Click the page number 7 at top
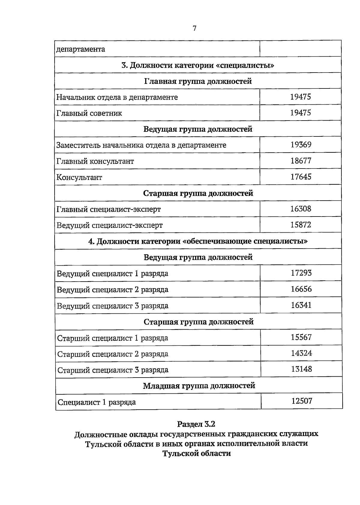pos(194,28)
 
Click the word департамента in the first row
pos(81,49)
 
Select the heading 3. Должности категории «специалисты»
pos(198,65)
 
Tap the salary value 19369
pos(301,145)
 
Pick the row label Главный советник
pos(89,113)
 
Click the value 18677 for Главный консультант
pos(301,161)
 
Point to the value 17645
pos(301,177)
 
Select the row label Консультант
pos(79,177)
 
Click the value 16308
pos(301,209)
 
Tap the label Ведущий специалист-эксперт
pos(109,225)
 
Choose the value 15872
pos(301,225)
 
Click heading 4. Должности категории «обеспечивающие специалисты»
pos(198,241)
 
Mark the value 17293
pos(301,273)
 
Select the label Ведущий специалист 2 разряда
pos(112,290)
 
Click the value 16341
pos(301,305)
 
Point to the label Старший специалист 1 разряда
pos(112,338)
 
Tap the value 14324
pos(301,353)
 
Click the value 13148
pos(301,369)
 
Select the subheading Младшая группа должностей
pos(199,386)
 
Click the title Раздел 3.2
pos(196,424)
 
